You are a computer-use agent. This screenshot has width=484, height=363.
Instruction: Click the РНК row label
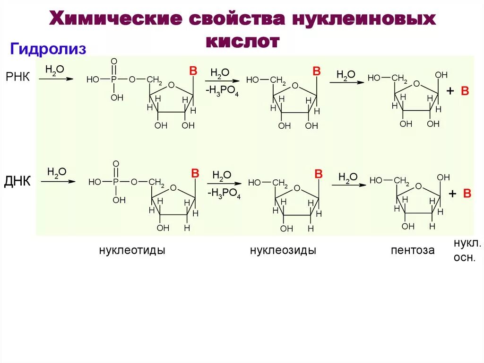pyautogui.click(x=17, y=77)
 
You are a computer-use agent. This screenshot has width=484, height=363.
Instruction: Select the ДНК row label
pyautogui.click(x=17, y=181)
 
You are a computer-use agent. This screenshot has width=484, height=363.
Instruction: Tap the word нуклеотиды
pyautogui.click(x=132, y=250)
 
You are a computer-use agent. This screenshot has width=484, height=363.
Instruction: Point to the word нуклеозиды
pyautogui.click(x=283, y=250)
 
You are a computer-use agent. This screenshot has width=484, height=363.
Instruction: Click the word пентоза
pyautogui.click(x=413, y=250)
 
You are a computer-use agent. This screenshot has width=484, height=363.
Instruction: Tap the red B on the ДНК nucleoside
pyautogui.click(x=318, y=174)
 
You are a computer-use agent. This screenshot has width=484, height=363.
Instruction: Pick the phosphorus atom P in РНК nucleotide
pyautogui.click(x=113, y=80)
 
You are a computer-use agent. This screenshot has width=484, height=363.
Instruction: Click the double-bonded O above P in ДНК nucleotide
pyautogui.click(x=116, y=164)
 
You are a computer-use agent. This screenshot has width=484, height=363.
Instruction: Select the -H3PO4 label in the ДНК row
pyautogui.click(x=224, y=194)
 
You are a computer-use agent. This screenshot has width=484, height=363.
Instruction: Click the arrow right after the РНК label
pyautogui.click(x=56, y=79)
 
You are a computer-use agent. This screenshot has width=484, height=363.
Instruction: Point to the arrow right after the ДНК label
pyautogui.click(x=58, y=181)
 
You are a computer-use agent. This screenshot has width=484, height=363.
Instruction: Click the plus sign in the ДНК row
pyautogui.click(x=452, y=193)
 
